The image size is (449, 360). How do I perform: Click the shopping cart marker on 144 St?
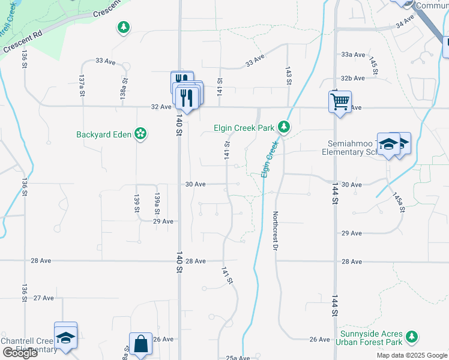tap(340, 101)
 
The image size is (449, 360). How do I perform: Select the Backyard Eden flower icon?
tap(140, 134)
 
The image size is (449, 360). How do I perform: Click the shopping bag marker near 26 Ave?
tap(140, 344)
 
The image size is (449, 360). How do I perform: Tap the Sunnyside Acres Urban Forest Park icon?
tap(411, 337)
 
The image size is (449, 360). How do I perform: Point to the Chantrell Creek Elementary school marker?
tap(65, 335)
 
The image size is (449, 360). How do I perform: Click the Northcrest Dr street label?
tap(277, 231)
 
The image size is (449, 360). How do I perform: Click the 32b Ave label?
tap(353, 79)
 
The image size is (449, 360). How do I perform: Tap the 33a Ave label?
tap(353, 55)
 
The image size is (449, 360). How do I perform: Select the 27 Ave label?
tap(43, 298)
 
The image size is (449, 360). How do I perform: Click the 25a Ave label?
tap(237, 358)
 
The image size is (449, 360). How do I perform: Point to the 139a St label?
tap(157, 204)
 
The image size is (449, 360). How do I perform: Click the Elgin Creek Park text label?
tap(244, 128)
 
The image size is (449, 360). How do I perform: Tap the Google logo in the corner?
tap(20, 353)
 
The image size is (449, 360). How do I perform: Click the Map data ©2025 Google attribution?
tap(411, 355)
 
